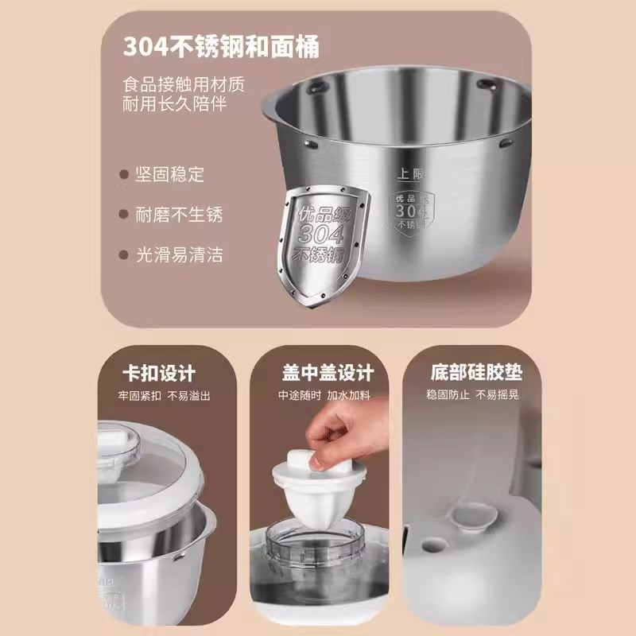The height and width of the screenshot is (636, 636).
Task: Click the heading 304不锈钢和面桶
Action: pos(221,47)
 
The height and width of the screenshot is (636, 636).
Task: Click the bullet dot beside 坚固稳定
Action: pos(123,174)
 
